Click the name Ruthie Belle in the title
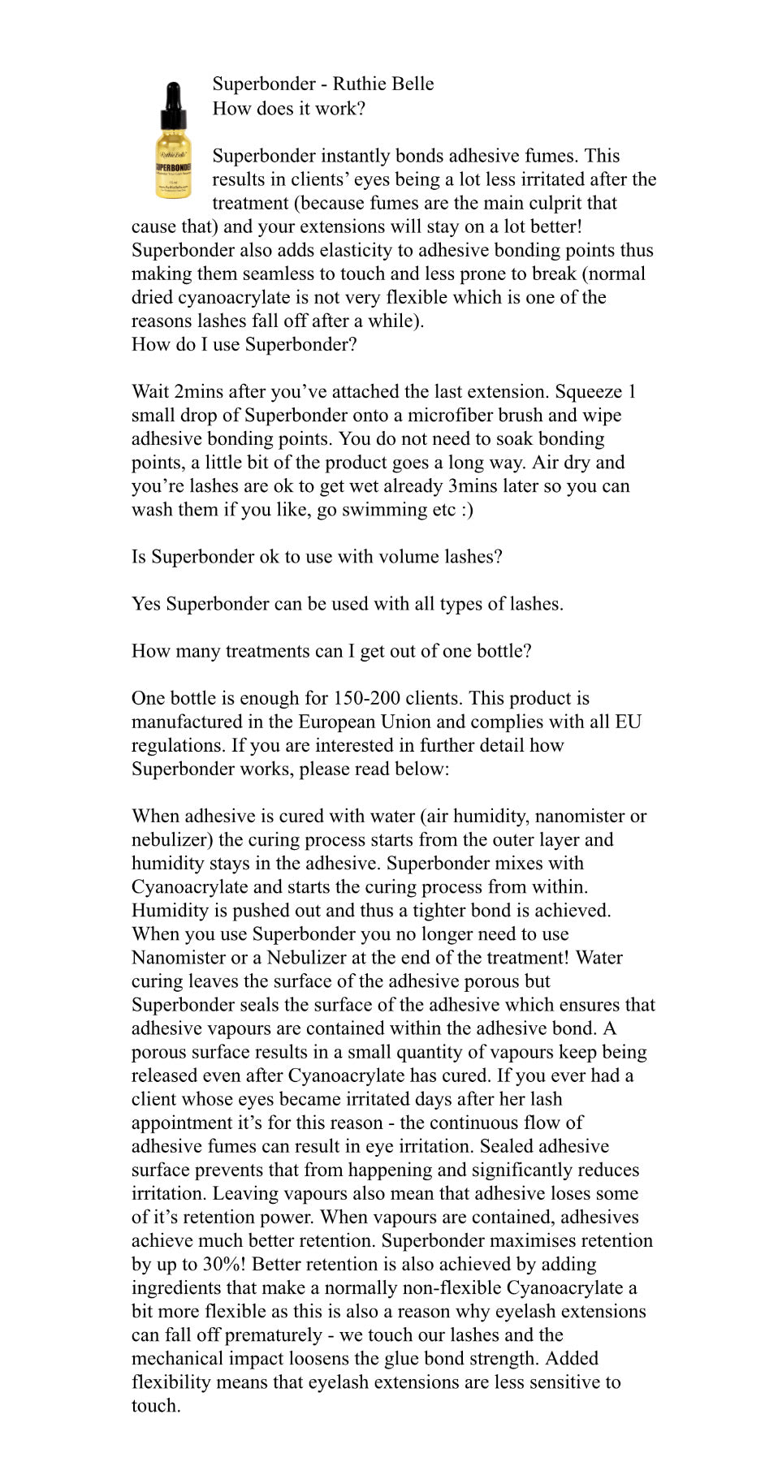382,84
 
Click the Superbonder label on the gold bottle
173,166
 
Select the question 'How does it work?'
288,108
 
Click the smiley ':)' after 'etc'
465,509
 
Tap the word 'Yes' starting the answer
146,603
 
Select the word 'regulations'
177,744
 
